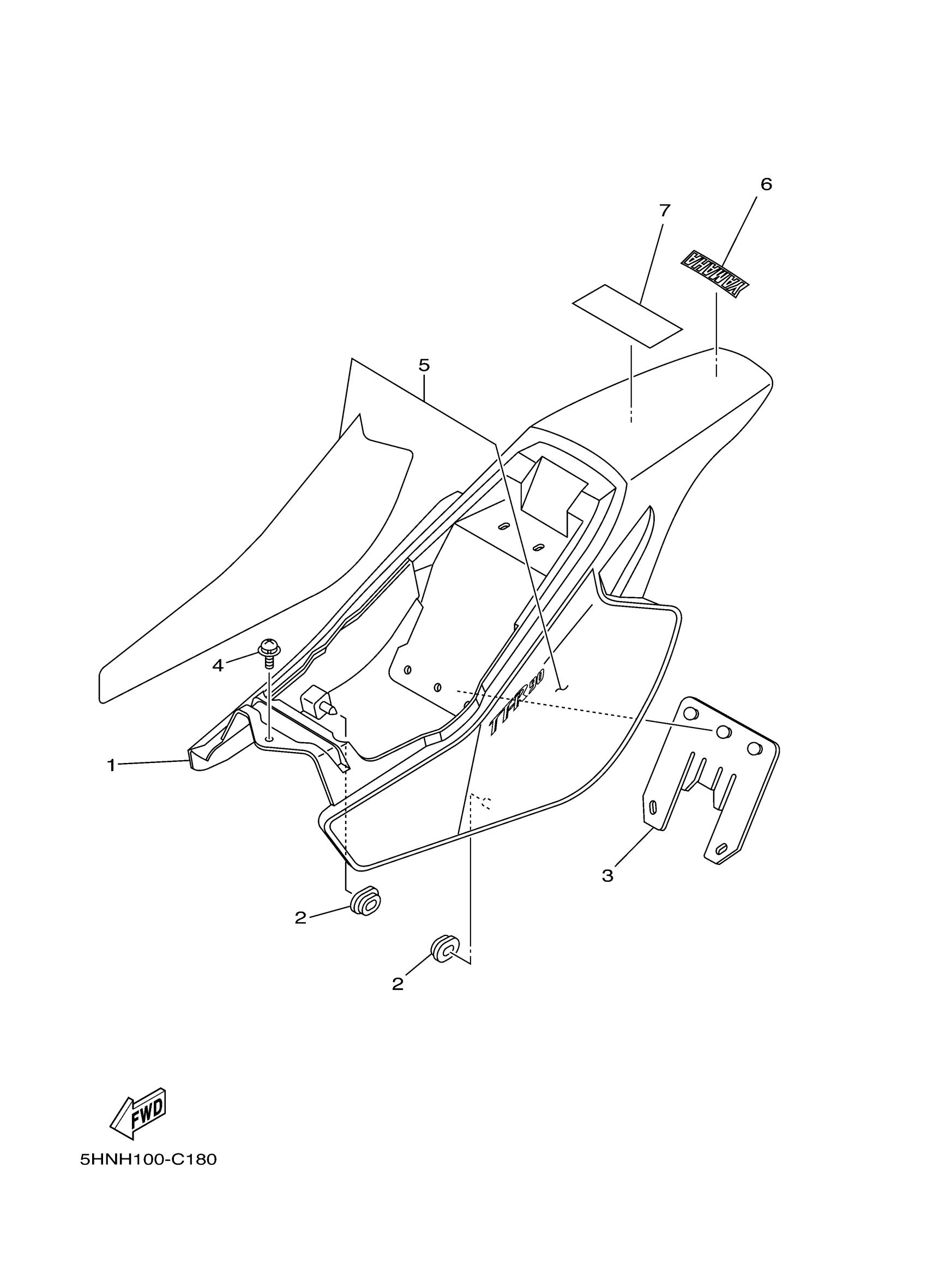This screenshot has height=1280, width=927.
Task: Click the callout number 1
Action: [x=111, y=765]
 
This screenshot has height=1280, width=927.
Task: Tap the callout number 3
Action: [x=607, y=876]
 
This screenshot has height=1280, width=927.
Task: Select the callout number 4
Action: [x=218, y=666]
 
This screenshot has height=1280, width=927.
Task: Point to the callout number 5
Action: [x=424, y=365]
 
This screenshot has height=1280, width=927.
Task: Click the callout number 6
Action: [x=766, y=184]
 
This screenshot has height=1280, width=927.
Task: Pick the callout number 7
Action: [x=665, y=211]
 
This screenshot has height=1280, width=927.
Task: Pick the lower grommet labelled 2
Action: [x=446, y=949]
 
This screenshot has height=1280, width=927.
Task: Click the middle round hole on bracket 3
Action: [x=723, y=732]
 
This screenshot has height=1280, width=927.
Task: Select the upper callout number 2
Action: [x=300, y=918]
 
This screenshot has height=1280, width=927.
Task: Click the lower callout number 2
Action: [x=398, y=984]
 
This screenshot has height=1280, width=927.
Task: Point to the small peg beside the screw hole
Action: [x=320, y=702]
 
